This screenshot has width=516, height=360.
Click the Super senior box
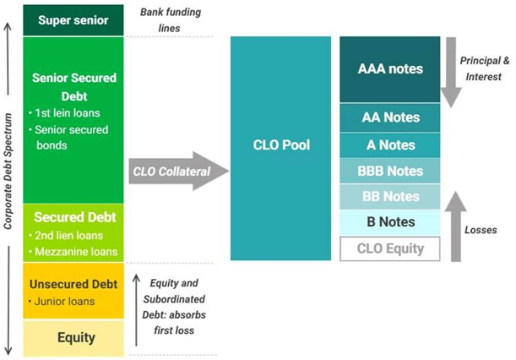73,20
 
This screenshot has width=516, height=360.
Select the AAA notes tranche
390,69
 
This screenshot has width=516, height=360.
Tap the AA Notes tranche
390,117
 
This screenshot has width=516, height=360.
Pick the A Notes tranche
390,145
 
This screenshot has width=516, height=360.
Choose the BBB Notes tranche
390,171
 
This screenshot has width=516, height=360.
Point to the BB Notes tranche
390,197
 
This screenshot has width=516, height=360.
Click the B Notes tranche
390,222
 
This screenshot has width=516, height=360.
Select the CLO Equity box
390,248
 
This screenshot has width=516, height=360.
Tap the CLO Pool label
281,145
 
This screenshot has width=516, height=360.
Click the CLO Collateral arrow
179,171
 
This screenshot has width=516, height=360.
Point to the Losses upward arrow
456,226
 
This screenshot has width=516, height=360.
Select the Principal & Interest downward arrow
451,73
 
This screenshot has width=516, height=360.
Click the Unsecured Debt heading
73,284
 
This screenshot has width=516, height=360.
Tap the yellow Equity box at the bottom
73,338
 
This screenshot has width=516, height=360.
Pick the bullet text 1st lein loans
68,113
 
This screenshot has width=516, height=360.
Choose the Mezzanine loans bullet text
76,252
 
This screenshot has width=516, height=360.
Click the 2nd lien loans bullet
69,236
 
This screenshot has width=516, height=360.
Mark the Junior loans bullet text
64,302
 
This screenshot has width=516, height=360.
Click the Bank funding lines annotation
170,20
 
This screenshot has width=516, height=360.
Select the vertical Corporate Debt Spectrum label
8,171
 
